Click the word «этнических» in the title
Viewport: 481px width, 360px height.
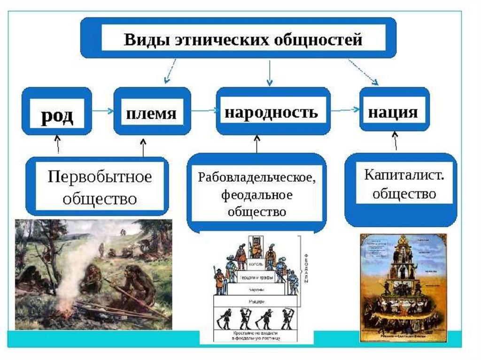[x=205, y=39]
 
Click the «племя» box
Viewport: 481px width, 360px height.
[x=152, y=113]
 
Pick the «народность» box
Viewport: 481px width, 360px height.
[x=271, y=113]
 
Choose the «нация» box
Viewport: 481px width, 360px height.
[x=393, y=112]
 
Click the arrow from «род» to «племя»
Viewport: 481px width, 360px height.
[x=102, y=110]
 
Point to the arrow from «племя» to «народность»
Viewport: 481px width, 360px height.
[x=203, y=111]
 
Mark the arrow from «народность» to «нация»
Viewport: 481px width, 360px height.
[x=344, y=110]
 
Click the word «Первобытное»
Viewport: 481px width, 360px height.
[x=100, y=178]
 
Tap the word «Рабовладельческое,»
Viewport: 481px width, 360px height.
[x=256, y=178]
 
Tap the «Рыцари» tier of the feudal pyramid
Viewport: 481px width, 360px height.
[x=256, y=299]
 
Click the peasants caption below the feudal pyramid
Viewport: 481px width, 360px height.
[x=256, y=335]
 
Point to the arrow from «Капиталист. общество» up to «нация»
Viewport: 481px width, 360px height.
[x=395, y=141]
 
